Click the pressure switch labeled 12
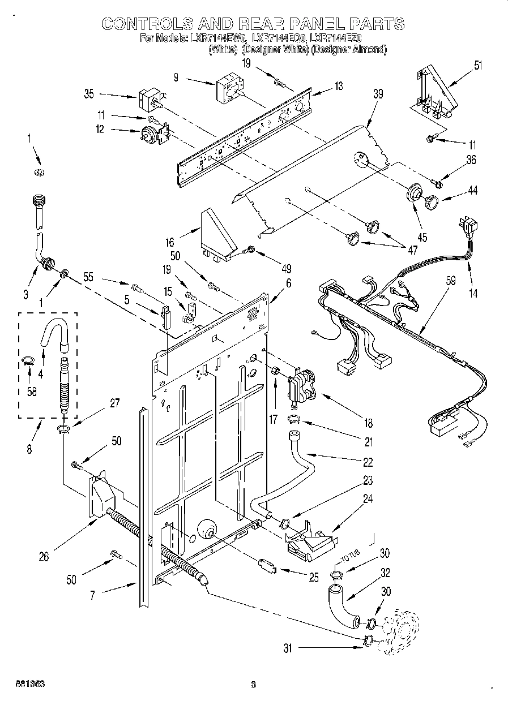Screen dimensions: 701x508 point(150,135)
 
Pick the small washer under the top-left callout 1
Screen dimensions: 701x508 point(39,172)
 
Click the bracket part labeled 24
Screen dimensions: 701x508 point(309,539)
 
